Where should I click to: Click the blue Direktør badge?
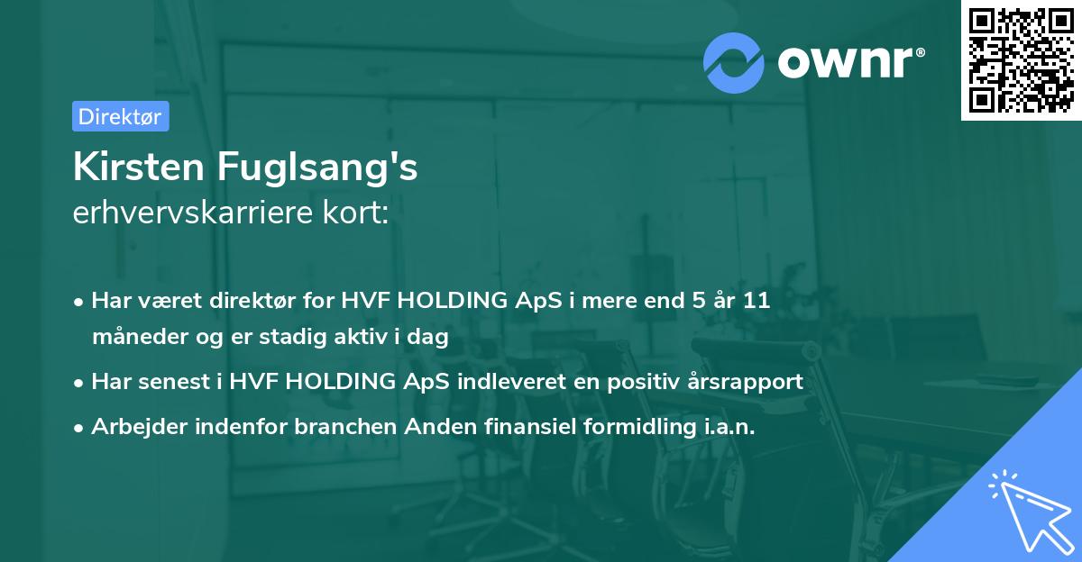(120, 116)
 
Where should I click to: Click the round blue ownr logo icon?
(733, 62)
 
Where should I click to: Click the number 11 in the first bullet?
(756, 301)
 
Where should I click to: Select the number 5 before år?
(698, 301)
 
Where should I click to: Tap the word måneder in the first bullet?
(136, 338)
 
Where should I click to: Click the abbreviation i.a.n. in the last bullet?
(729, 427)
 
